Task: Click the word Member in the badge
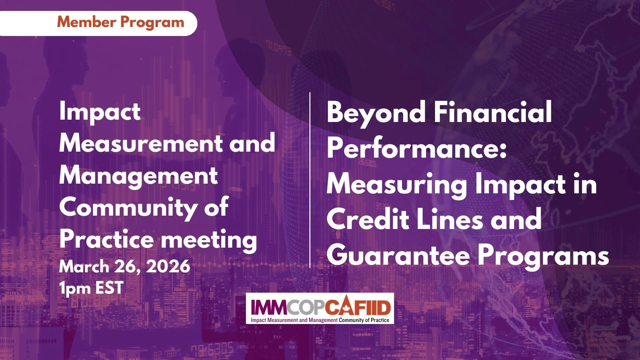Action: click(x=87, y=22)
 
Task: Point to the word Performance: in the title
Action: click(x=417, y=148)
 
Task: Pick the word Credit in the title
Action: click(x=368, y=219)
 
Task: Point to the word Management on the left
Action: click(x=138, y=176)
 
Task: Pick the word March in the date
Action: click(x=84, y=267)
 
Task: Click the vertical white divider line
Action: click(x=310, y=180)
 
